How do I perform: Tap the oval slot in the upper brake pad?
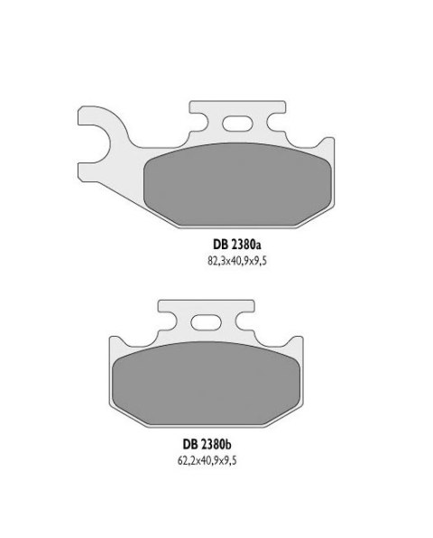click(x=238, y=125)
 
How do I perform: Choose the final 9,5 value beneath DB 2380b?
click(x=229, y=460)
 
